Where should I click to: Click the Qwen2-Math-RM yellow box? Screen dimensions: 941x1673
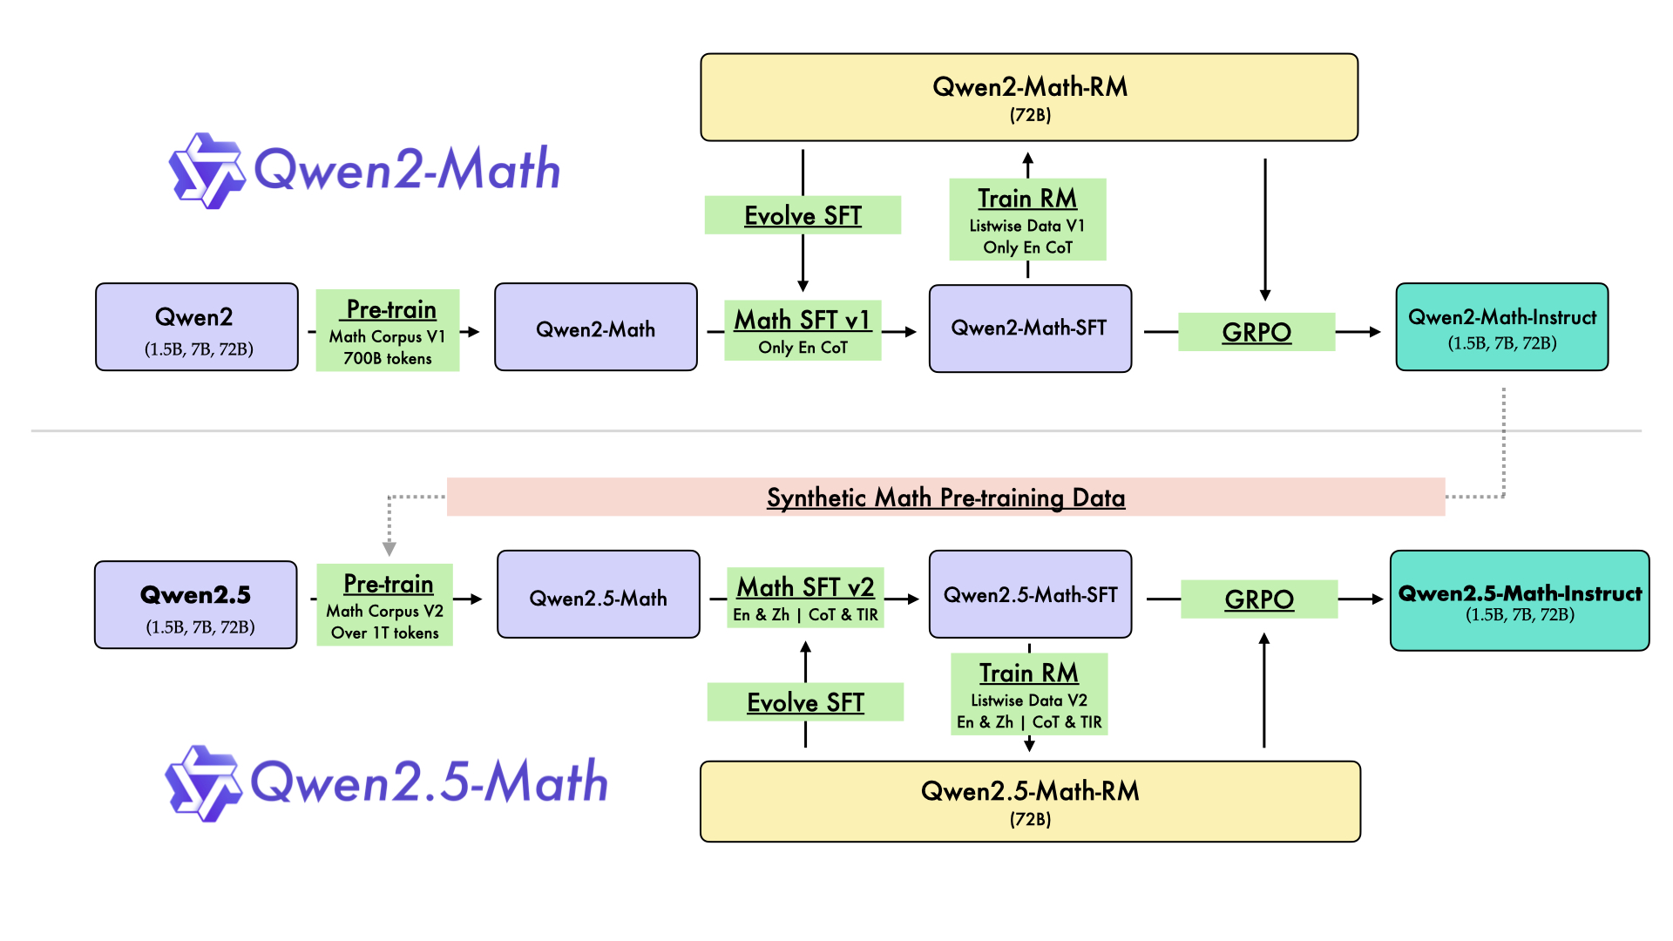(1029, 98)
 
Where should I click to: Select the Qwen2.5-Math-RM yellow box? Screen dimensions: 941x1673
(1030, 802)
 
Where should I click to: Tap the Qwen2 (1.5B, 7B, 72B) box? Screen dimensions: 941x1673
(197, 328)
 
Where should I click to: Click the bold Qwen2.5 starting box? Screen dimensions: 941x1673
(196, 605)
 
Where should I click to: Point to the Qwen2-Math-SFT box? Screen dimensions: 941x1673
(1030, 328)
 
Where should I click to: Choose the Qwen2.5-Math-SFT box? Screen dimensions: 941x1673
(1030, 595)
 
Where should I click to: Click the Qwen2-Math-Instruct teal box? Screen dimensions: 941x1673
(1501, 328)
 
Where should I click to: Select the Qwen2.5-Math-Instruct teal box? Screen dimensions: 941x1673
(1519, 601)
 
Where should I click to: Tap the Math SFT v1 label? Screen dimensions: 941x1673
(803, 321)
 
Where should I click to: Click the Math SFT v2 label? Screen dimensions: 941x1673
(805, 587)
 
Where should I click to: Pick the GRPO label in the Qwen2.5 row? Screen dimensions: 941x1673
(1258, 599)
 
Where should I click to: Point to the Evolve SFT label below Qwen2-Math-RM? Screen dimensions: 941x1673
(803, 215)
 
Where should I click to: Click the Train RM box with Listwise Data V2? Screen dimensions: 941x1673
(1029, 694)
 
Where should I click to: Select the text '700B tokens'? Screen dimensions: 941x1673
(388, 359)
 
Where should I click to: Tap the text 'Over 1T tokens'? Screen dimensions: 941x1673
(385, 633)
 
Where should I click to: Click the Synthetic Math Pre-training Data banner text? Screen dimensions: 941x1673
(945, 498)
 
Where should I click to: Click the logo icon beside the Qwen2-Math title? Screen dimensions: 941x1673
(207, 171)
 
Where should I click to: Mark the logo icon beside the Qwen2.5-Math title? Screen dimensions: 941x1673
(203, 783)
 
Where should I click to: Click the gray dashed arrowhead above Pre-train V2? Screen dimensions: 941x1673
(389, 548)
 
